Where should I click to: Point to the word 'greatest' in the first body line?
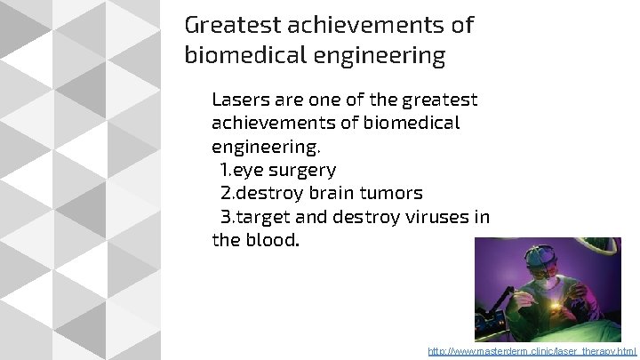pyautogui.click(x=440, y=100)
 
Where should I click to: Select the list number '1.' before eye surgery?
pyautogui.click(x=227, y=169)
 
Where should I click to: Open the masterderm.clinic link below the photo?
pyautogui.click(x=532, y=352)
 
